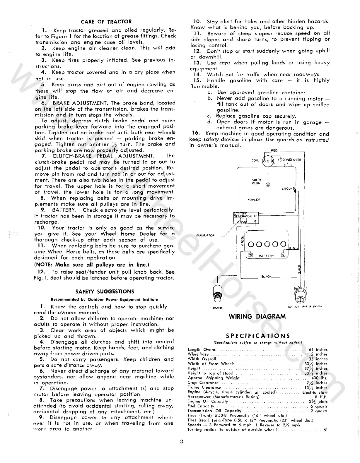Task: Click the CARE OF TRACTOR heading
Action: pyautogui.click(x=106, y=22)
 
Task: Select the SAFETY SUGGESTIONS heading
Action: pyautogui.click(x=105, y=291)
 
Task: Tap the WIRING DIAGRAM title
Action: pyautogui.click(x=257, y=316)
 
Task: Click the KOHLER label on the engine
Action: pyautogui.click(x=254, y=200)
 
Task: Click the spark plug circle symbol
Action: pyautogui.click(x=268, y=185)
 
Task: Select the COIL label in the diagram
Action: pyautogui.click(x=255, y=160)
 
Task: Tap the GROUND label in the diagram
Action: pyautogui.click(x=288, y=189)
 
